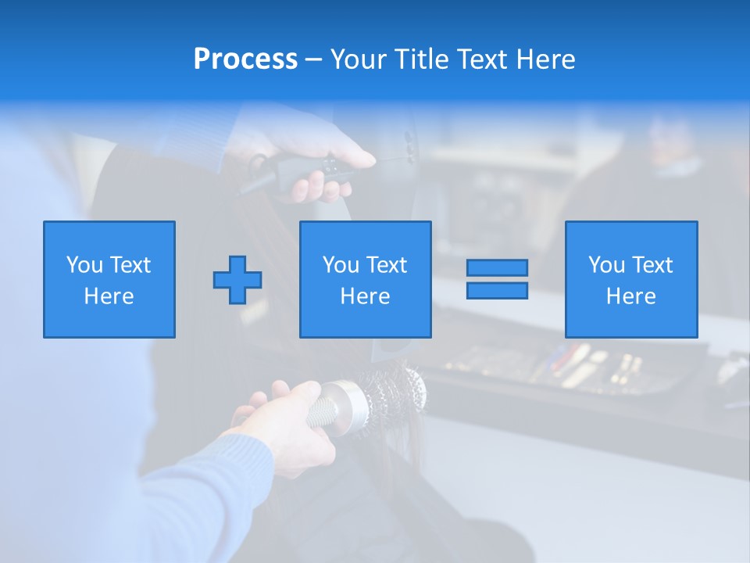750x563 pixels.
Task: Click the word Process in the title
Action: pos(245,59)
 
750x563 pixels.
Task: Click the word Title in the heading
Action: pos(422,59)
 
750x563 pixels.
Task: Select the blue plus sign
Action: pos(237,280)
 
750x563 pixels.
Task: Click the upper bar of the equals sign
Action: pos(497,268)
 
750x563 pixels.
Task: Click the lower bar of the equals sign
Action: pos(497,291)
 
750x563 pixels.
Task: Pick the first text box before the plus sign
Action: pos(109,280)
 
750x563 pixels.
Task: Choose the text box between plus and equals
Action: pos(365,280)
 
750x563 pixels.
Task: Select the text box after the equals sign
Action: pos(631,280)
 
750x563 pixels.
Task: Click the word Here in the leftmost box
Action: pos(109,296)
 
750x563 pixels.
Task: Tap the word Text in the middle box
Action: pos(387,265)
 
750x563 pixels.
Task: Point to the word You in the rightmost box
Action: pos(606,265)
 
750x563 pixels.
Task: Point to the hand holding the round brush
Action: pos(281,422)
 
